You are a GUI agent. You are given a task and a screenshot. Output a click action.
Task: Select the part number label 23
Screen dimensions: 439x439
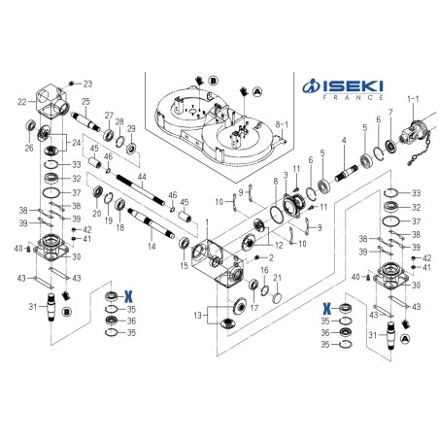(x=86, y=84)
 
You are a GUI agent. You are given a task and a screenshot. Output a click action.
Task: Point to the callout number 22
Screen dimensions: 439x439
(x=22, y=101)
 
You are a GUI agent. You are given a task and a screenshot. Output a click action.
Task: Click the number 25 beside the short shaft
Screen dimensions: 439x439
(x=86, y=102)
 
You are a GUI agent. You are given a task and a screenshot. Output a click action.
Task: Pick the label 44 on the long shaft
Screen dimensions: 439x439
(x=142, y=177)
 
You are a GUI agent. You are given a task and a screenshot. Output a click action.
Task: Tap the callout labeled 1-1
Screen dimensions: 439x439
(x=414, y=98)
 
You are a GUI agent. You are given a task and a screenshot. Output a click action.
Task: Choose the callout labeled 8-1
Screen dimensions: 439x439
(x=284, y=125)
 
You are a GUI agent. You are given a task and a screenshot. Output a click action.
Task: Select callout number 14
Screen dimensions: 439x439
(x=151, y=247)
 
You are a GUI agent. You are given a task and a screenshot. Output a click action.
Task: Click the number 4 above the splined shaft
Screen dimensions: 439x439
(x=343, y=142)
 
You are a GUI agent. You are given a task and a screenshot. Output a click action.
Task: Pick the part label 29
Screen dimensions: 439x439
(x=132, y=128)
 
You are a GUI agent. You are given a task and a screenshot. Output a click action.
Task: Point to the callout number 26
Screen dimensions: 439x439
(x=28, y=149)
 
